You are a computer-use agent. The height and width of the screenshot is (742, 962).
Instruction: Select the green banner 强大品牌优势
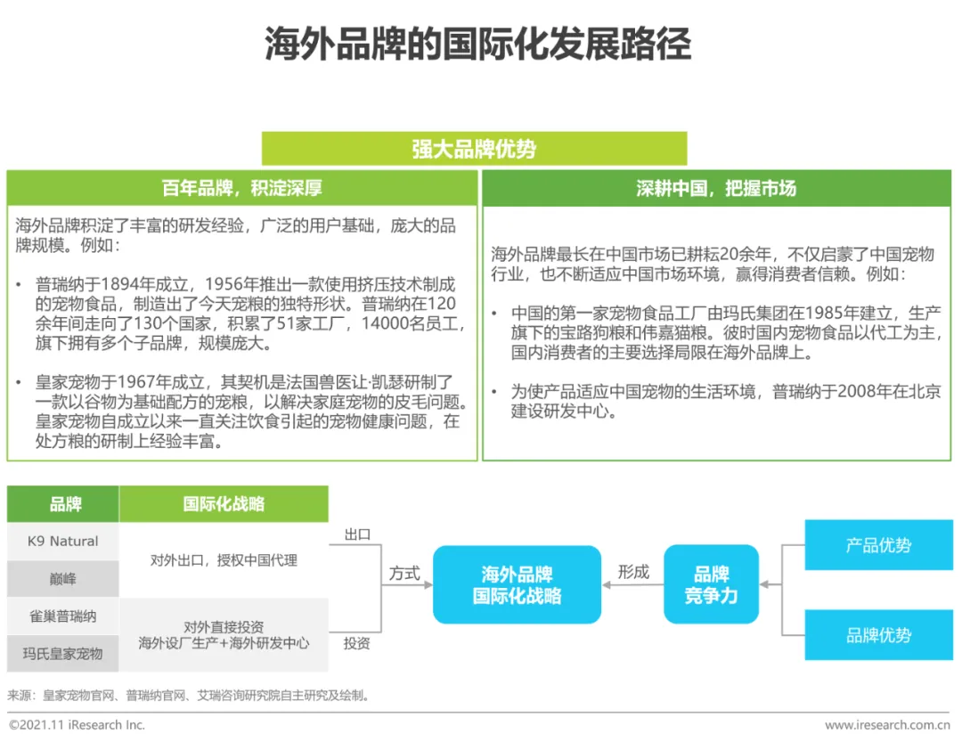pyautogui.click(x=474, y=149)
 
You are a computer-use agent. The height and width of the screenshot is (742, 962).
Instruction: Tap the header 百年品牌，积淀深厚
pyautogui.click(x=241, y=188)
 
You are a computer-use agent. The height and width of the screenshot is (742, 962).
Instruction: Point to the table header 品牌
pyautogui.click(x=64, y=504)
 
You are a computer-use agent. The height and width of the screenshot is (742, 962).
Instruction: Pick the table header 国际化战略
pyautogui.click(x=224, y=504)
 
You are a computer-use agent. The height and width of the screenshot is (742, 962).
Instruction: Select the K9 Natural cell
pyautogui.click(x=62, y=542)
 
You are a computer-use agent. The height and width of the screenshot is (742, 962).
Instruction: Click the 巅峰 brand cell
pyautogui.click(x=62, y=579)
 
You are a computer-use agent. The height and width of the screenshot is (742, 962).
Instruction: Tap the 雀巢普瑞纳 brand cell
pyautogui.click(x=62, y=616)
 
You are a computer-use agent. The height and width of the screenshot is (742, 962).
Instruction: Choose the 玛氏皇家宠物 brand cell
pyautogui.click(x=62, y=654)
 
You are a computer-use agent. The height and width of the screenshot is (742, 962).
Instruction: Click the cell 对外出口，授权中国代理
pyautogui.click(x=224, y=560)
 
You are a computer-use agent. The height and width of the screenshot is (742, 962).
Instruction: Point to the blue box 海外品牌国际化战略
pyautogui.click(x=517, y=584)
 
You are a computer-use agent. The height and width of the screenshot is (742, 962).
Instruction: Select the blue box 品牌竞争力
pyautogui.click(x=711, y=584)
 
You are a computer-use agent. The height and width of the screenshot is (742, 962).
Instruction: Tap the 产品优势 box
pyautogui.click(x=878, y=545)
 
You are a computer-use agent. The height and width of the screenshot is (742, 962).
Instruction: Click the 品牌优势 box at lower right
pyautogui.click(x=878, y=635)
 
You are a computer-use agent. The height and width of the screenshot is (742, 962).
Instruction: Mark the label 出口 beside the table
pyautogui.click(x=356, y=534)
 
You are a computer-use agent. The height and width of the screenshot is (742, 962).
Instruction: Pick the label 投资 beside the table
pyautogui.click(x=356, y=642)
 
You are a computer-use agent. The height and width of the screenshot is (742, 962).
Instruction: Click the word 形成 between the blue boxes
pyautogui.click(x=633, y=572)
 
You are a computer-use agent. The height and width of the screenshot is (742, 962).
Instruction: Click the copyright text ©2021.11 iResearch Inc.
pyautogui.click(x=77, y=725)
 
